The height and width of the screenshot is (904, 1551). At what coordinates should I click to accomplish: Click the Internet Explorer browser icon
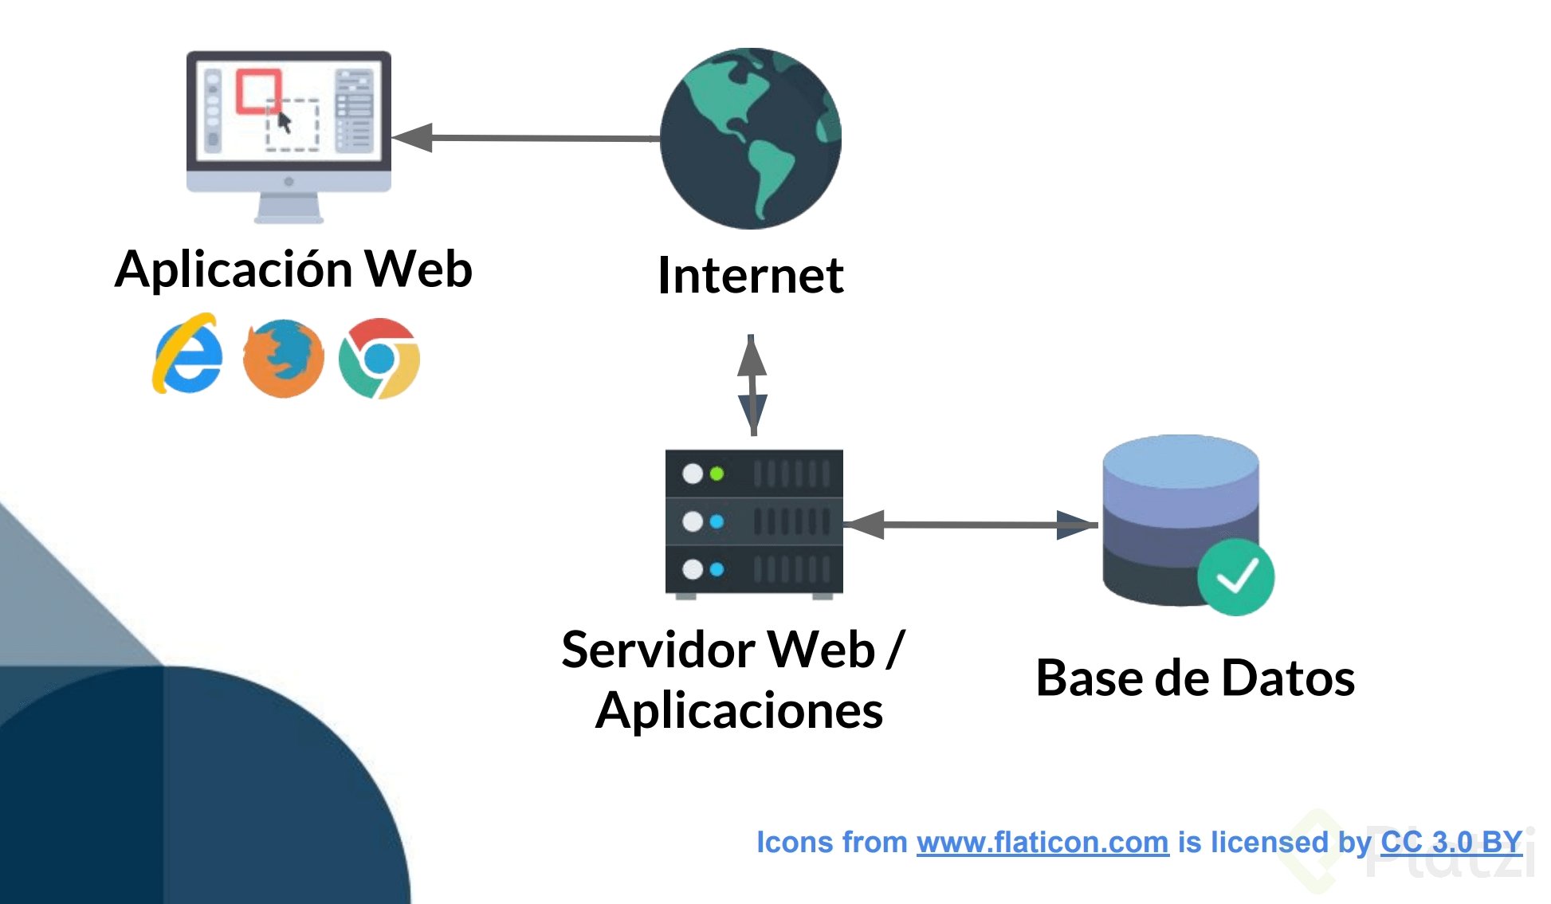coord(188,355)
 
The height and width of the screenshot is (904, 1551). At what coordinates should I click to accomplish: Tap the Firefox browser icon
coord(283,358)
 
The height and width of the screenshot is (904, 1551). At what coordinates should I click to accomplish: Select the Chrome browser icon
coord(379,358)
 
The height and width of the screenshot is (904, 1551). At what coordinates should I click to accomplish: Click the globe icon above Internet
coord(750,139)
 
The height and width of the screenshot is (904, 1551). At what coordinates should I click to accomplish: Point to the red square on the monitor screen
coord(257,90)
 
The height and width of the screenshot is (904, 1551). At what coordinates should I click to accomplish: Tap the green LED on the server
coord(717,474)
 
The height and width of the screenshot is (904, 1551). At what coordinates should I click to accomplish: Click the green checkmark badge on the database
coord(1235,576)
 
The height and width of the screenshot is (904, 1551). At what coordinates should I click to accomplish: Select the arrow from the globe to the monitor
coord(526,138)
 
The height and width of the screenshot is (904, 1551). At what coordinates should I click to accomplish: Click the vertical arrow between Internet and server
coord(752,385)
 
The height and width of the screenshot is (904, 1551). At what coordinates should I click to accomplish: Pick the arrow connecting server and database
coord(971,525)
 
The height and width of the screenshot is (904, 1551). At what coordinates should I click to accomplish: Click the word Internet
coord(750,275)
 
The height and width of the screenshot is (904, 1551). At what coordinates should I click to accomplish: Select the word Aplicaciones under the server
coord(739,710)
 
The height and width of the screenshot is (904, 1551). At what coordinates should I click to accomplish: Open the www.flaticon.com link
coord(1042,842)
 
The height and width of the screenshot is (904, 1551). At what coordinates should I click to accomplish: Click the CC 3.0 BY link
coord(1451,842)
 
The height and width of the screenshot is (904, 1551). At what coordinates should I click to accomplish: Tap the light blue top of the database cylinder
coord(1180,460)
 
